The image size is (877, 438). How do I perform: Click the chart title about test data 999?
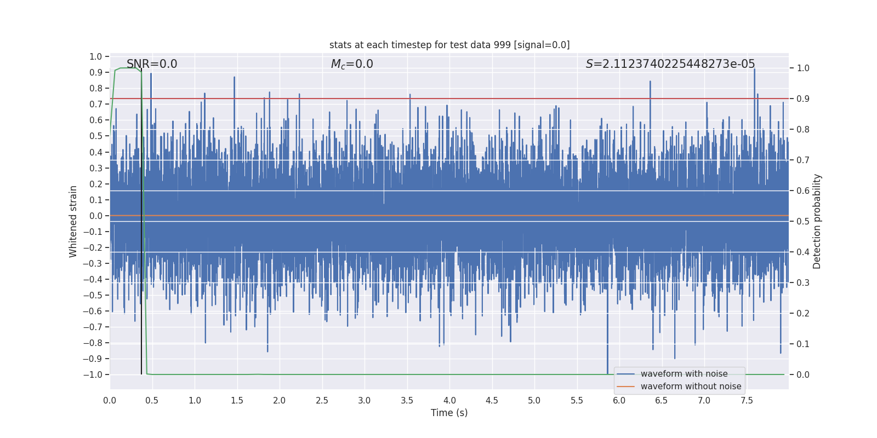449,45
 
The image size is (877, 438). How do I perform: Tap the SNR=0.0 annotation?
152,64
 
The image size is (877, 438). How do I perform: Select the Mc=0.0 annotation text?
352,64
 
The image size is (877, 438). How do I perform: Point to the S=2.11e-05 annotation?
670,64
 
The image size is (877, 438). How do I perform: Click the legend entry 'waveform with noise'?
684,374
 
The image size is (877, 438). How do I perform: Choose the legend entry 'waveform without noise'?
691,387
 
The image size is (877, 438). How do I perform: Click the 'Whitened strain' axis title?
73,221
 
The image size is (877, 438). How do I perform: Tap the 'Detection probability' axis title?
817,221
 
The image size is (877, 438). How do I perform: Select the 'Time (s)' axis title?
449,413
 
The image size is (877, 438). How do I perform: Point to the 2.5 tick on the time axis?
322,400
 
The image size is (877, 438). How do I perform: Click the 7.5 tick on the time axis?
747,400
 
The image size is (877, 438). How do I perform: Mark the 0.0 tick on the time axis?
110,400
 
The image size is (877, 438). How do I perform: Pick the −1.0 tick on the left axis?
95,374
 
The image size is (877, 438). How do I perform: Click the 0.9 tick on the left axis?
96,72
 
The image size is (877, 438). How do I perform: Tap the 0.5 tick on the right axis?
803,221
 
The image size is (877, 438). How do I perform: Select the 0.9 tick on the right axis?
803,99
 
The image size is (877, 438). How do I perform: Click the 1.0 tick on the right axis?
803,68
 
